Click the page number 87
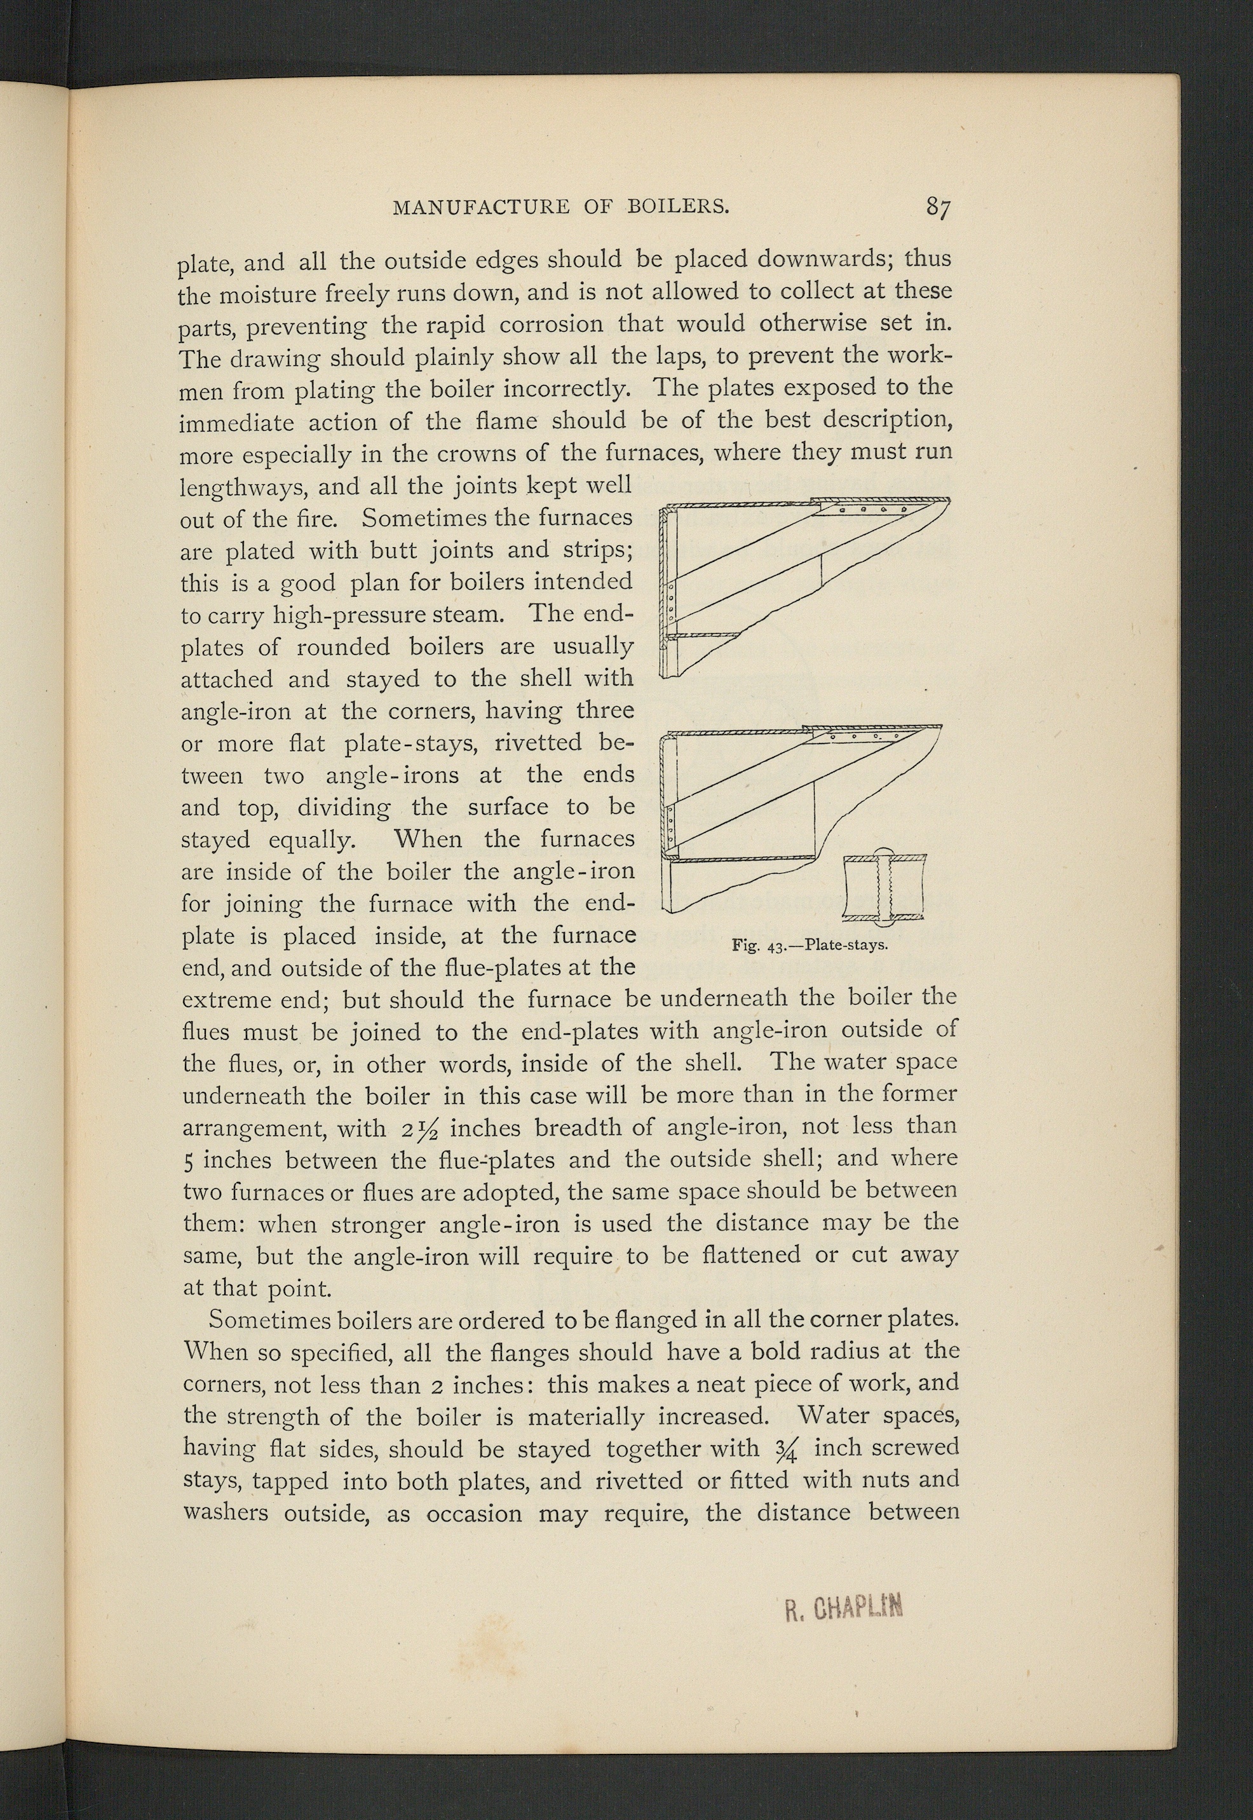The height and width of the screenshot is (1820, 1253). coord(938,207)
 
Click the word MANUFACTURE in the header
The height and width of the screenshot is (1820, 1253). coord(480,207)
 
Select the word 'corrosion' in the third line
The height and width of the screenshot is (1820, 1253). coord(551,323)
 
